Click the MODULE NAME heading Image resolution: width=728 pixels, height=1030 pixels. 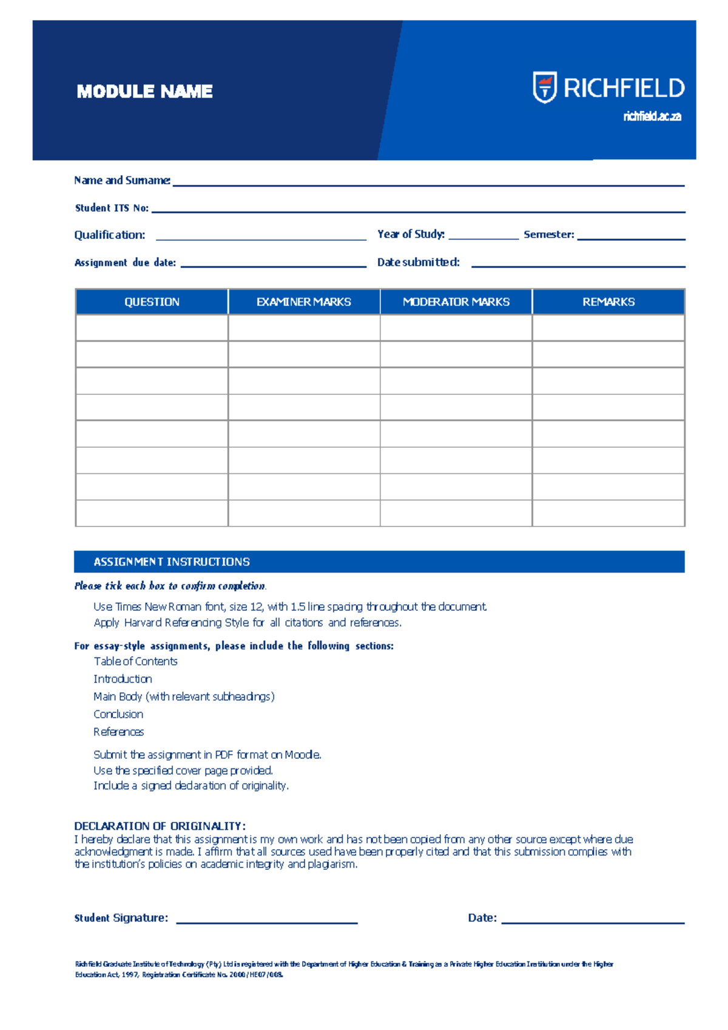coord(144,92)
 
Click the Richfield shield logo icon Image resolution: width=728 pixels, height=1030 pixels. coord(544,87)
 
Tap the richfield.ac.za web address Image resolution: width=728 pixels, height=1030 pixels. coord(652,116)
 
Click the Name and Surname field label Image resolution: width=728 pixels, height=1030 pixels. coord(122,180)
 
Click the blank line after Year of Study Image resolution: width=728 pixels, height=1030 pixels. coord(483,238)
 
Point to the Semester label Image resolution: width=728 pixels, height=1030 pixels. coord(548,234)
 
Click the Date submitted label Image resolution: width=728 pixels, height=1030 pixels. coord(418,262)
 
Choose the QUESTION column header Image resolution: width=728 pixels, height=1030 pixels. coord(152,302)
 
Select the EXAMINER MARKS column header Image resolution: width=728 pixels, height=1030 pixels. coord(303,302)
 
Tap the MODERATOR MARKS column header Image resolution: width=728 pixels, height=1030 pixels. coord(456,302)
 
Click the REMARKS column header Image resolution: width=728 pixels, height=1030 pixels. coord(608,302)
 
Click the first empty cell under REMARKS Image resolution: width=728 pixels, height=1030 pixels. coord(608,328)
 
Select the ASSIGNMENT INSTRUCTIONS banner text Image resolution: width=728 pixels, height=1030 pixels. coord(172,562)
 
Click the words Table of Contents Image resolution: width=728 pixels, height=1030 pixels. coord(135,661)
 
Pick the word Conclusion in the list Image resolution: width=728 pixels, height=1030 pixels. coord(118,714)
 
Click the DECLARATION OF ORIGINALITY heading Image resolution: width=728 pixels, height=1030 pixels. coord(160,826)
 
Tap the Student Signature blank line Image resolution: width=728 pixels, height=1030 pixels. coord(266,922)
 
